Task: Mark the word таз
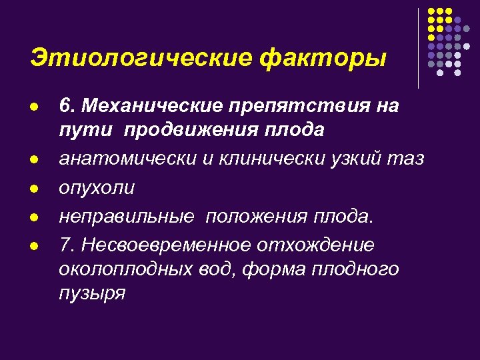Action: pos(404,159)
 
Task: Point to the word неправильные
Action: pos(127,217)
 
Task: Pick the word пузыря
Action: pos(91,293)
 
